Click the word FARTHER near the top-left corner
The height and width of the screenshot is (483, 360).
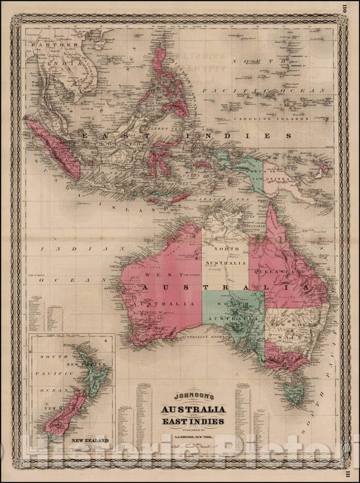point(46,43)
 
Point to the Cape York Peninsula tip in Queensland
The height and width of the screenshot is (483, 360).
point(273,209)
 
